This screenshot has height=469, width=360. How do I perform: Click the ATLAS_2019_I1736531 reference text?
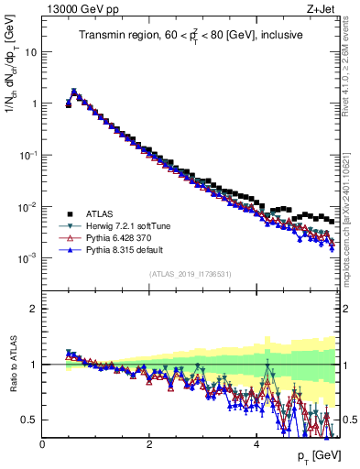[x=190, y=274]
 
